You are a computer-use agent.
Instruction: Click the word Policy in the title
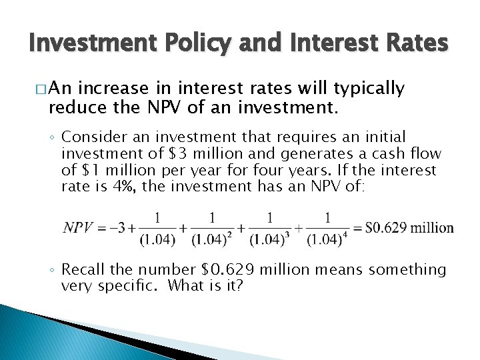click(x=194, y=43)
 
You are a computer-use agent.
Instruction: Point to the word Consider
click(x=94, y=137)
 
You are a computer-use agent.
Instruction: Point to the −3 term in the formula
click(x=118, y=228)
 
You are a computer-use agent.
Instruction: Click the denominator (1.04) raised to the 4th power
click(x=326, y=239)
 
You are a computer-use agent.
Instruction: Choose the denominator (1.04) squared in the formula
click(x=212, y=239)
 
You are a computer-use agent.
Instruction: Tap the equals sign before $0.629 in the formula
click(x=358, y=228)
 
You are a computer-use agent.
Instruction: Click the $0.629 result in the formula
click(x=385, y=228)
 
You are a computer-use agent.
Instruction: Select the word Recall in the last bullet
click(x=85, y=269)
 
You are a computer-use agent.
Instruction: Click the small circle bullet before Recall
click(x=53, y=270)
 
